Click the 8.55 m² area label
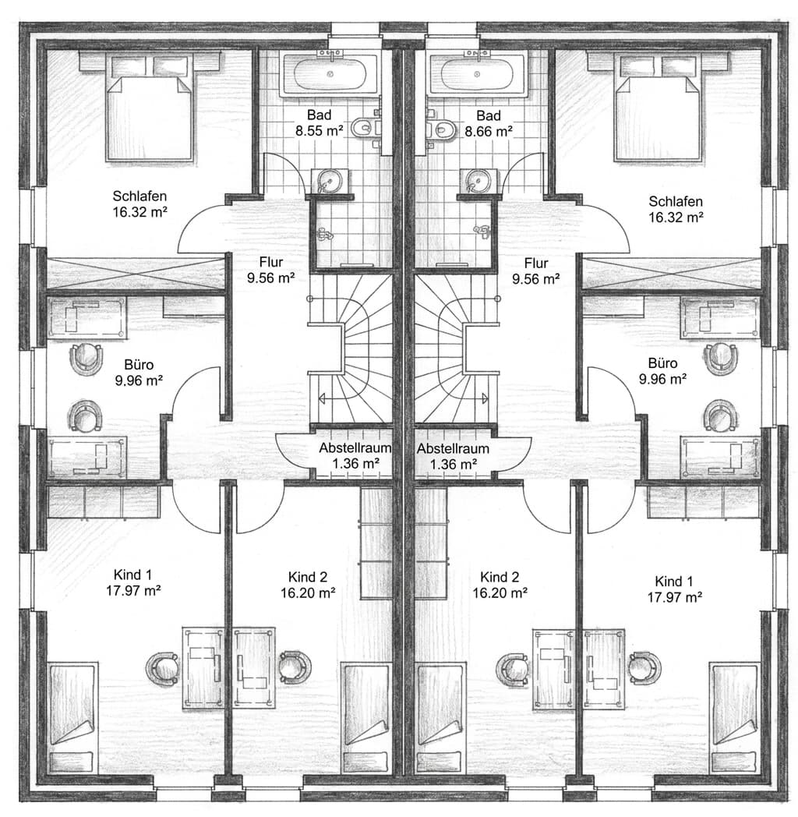(x=319, y=131)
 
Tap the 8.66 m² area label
(x=488, y=131)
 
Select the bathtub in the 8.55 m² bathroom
(x=332, y=75)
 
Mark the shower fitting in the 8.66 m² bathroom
(x=481, y=232)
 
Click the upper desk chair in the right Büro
(x=719, y=358)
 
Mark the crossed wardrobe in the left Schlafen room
(x=136, y=274)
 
